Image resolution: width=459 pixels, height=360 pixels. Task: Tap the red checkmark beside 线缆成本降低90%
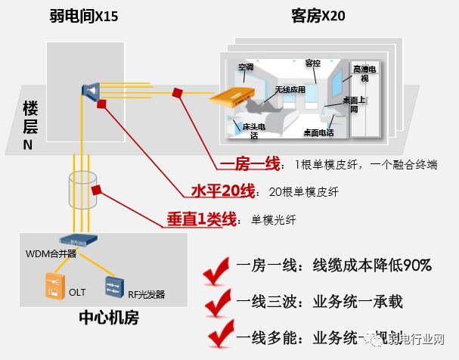coord(217,267)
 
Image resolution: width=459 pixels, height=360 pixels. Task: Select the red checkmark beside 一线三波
coord(217,302)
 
